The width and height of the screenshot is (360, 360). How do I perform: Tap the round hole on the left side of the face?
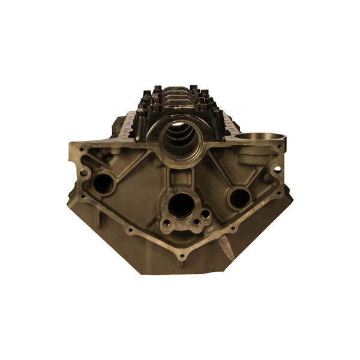(x=104, y=183)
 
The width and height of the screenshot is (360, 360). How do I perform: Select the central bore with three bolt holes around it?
(x=181, y=206)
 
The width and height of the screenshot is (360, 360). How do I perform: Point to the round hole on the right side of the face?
(x=239, y=197)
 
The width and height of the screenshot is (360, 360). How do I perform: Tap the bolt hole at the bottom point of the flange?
(x=182, y=257)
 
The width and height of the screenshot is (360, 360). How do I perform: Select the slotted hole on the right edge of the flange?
(x=277, y=169)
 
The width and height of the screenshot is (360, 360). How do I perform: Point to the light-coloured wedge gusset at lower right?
(x=227, y=247)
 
